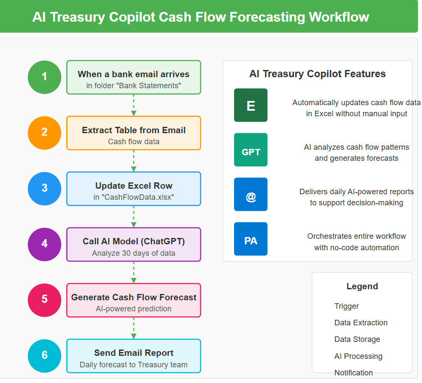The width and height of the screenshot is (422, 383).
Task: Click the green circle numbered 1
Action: (45, 77)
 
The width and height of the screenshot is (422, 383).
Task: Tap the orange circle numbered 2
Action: (45, 133)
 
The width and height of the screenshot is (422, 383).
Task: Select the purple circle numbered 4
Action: (45, 244)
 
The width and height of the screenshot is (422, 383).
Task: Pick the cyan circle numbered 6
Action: (45, 356)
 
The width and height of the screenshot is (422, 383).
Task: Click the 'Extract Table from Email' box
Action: (134, 133)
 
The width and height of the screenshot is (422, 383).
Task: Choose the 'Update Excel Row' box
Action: (134, 189)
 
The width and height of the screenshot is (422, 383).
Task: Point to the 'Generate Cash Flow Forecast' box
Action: (134, 300)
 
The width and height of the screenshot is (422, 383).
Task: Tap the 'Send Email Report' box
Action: (134, 356)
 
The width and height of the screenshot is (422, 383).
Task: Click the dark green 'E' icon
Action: (251, 105)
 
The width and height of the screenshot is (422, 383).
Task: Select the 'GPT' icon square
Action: (251, 150)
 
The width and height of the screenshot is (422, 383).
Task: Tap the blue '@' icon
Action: (251, 194)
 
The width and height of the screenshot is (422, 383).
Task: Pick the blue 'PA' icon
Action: (251, 239)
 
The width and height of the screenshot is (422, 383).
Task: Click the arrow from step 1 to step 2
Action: (134, 105)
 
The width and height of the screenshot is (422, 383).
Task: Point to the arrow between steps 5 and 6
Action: (134, 328)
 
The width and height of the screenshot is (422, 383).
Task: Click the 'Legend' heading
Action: (362, 286)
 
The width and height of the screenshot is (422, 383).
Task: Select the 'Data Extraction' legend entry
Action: (361, 322)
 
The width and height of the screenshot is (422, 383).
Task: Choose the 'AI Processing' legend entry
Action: (358, 356)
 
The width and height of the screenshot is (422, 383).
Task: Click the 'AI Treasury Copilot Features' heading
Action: (318, 74)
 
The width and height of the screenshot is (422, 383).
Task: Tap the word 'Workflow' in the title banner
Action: (339, 17)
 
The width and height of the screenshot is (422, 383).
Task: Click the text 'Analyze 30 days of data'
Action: (134, 253)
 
